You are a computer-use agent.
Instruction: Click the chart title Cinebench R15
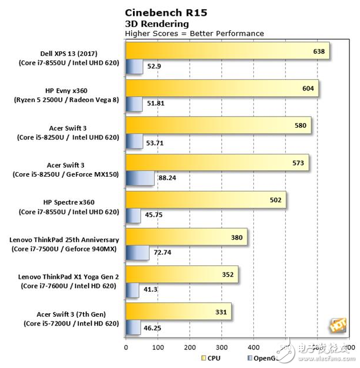(166, 12)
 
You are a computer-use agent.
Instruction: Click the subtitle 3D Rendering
(157, 23)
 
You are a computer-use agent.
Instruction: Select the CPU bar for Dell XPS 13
(228, 51)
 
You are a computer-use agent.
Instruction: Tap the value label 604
(309, 89)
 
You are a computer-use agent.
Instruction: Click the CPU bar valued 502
(205, 201)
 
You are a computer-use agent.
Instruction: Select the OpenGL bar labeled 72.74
(138, 253)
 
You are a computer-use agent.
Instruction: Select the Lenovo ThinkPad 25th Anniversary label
(64, 239)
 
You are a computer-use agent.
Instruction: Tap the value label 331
(221, 313)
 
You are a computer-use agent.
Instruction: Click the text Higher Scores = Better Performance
(194, 33)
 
